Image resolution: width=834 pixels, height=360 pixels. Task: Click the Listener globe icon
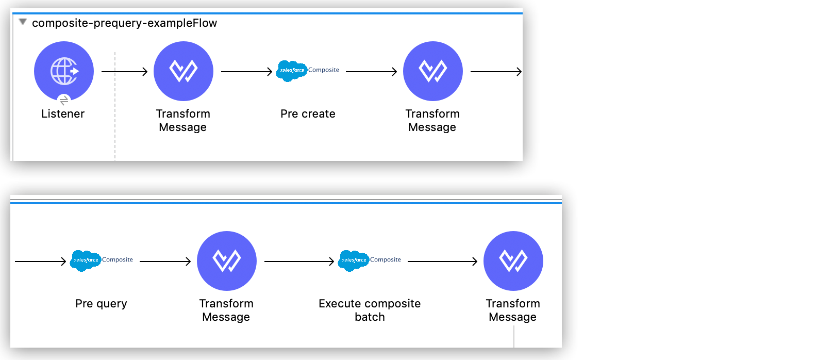64,71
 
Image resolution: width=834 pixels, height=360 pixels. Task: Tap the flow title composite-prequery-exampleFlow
124,23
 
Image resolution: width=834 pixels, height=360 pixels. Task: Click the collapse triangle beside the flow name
23,22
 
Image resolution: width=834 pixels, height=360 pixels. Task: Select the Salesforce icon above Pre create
292,71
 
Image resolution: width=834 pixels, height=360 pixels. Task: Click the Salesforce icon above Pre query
86,260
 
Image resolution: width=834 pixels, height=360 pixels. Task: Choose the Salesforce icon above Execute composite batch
354,260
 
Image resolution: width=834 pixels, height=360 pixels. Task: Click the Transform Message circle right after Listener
184,71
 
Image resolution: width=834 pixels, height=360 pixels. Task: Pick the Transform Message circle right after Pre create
432,71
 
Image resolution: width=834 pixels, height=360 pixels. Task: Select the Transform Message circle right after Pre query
227,260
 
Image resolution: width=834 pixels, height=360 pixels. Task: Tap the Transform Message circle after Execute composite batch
513,260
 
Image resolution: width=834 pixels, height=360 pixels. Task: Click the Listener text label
63,114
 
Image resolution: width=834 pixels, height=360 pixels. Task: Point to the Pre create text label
308,114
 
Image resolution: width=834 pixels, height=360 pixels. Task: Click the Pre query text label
101,304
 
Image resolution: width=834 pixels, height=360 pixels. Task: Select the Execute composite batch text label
370,310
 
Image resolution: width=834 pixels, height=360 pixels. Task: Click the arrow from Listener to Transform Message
125,72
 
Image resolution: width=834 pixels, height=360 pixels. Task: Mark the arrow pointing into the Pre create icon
246,72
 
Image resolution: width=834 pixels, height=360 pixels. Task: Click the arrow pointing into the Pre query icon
40,261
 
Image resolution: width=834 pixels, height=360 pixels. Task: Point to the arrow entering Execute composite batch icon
299,261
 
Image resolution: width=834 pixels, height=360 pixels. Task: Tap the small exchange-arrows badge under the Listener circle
64,100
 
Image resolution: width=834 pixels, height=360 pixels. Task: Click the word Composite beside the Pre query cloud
118,259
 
